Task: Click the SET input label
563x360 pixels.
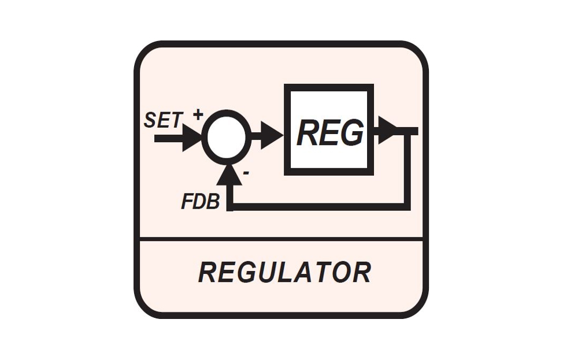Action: pos(164,120)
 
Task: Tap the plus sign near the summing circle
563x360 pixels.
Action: pos(198,114)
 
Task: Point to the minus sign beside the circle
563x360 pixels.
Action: pos(247,172)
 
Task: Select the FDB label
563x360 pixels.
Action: pos(200,201)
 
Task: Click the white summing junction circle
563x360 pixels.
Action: pos(226,138)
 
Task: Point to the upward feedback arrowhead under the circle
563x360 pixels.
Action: pos(231,174)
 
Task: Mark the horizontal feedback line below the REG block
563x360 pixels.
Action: pos(318,206)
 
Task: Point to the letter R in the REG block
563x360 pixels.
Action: pos(308,133)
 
